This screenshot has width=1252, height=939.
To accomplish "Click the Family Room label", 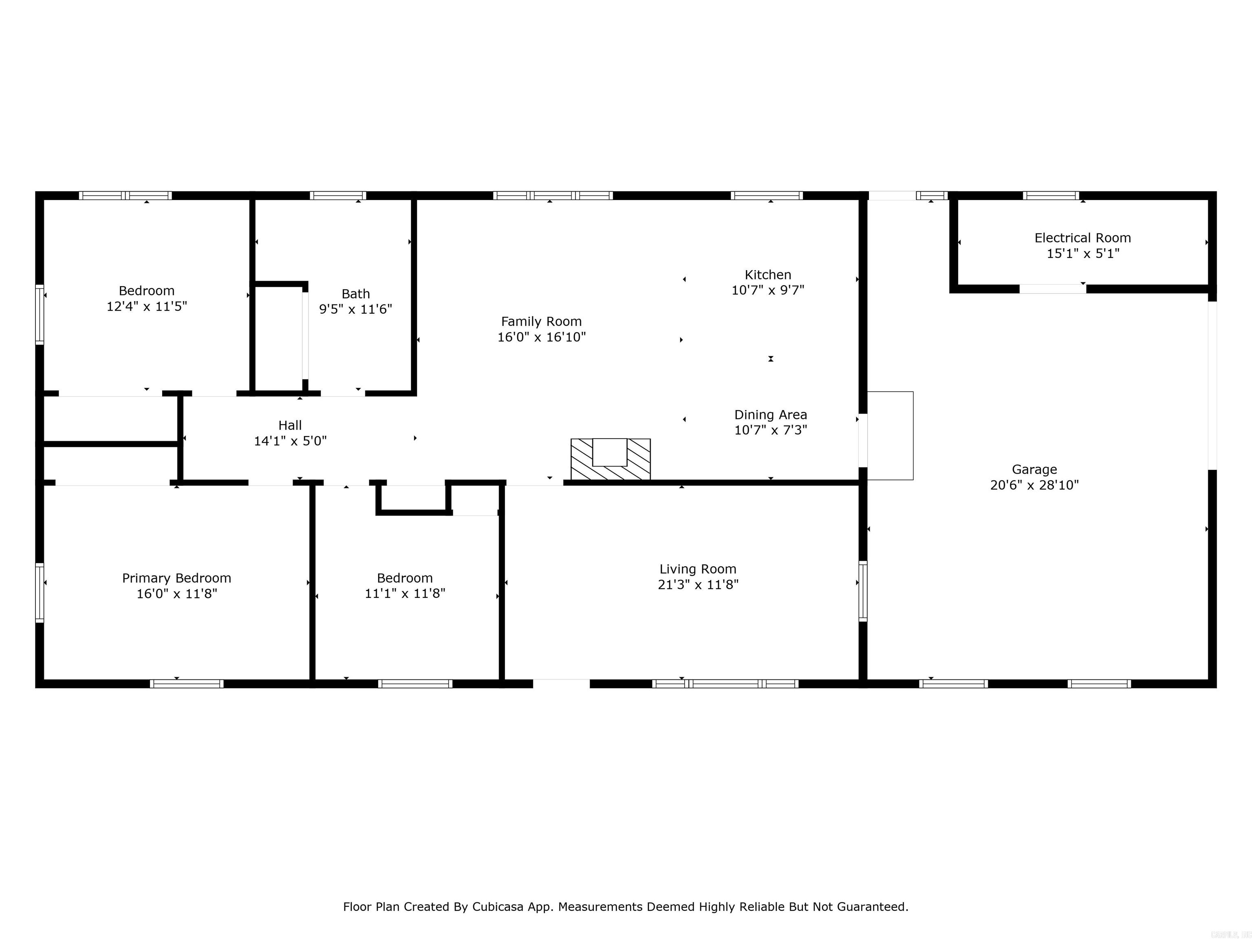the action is coord(541,322).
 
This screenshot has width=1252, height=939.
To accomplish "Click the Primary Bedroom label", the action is coord(176,578).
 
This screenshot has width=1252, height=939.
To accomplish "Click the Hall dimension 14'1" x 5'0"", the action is coord(290,441).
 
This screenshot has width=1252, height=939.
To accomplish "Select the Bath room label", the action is coord(355,294).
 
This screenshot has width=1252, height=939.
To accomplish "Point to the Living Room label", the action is coord(698,569).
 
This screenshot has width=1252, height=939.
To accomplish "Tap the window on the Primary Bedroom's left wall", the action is coord(40,592).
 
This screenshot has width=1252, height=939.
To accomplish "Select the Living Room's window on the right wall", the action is coord(863,591).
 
